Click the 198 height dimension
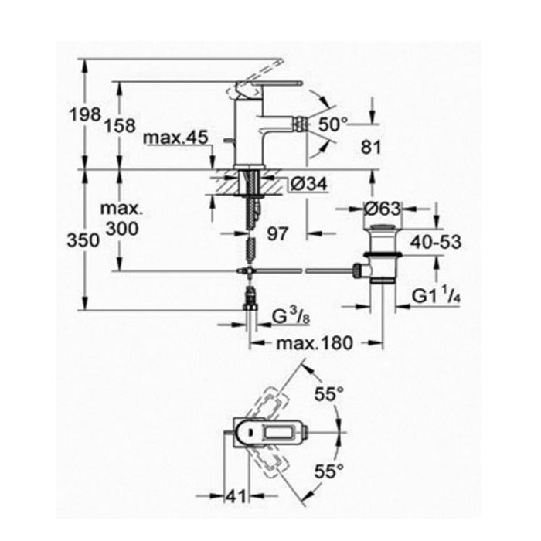pyautogui.click(x=85, y=114)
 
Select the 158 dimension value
pyautogui.click(x=120, y=125)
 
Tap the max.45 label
pyautogui.click(x=175, y=138)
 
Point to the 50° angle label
pyautogui.click(x=333, y=124)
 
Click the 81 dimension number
pyautogui.click(x=371, y=148)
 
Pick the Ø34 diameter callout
pyautogui.click(x=309, y=184)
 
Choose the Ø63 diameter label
pyautogui.click(x=383, y=209)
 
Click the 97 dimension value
pyautogui.click(x=277, y=234)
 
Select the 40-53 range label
pyautogui.click(x=435, y=242)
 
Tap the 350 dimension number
pyautogui.click(x=83, y=240)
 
